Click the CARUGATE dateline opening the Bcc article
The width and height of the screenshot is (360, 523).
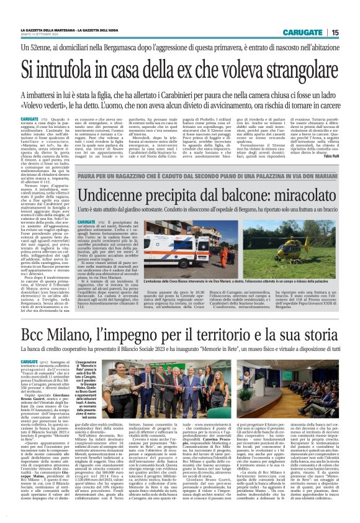coord(29,361)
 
